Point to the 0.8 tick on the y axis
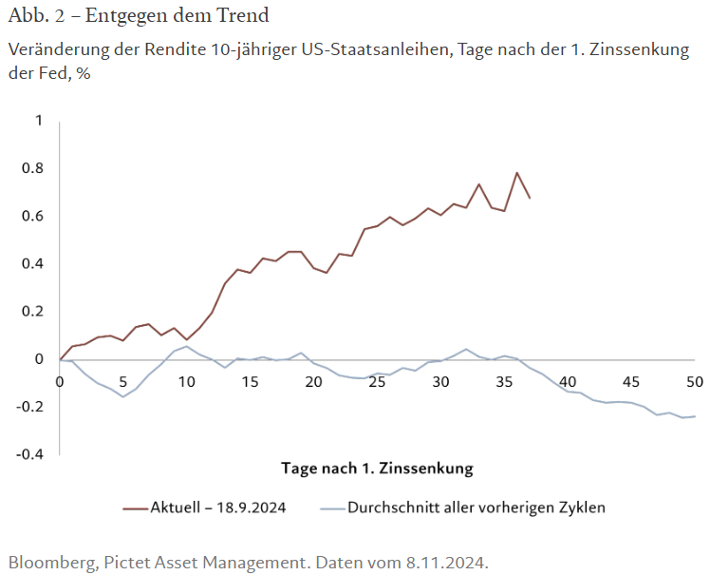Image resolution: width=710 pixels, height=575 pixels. [x=32, y=168]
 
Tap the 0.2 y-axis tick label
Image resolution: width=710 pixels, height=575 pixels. [x=32, y=311]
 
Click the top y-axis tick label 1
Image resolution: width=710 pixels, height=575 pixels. [x=39, y=121]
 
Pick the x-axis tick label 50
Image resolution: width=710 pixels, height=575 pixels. [x=694, y=380]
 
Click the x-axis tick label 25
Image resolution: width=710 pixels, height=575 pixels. [x=377, y=380]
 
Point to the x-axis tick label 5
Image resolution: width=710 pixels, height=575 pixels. [x=123, y=380]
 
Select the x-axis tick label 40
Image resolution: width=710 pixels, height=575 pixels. [x=567, y=380]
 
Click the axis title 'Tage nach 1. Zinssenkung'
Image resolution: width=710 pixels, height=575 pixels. [x=377, y=468]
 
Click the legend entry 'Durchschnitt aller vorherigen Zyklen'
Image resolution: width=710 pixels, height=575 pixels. [x=476, y=507]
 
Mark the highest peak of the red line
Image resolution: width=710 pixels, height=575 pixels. [x=516, y=173]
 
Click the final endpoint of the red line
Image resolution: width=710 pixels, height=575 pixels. [x=530, y=198]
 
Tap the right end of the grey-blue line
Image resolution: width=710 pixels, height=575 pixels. [x=694, y=416]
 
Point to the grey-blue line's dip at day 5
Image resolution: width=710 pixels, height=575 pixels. [x=123, y=396]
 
